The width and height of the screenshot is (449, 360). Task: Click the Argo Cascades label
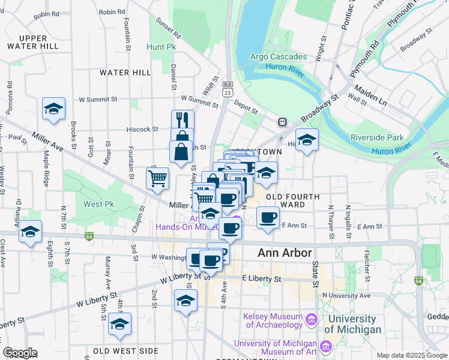(x=279, y=57)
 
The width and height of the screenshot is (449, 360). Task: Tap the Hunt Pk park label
(x=161, y=46)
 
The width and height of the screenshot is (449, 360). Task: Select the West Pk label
(x=96, y=205)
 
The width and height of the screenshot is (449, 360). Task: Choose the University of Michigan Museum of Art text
(x=275, y=347)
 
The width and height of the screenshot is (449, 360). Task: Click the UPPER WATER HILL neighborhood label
(x=34, y=42)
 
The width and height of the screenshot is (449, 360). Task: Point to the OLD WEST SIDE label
(x=126, y=350)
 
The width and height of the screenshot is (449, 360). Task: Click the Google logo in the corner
(x=20, y=353)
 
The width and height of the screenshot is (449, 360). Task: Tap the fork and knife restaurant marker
(x=182, y=120)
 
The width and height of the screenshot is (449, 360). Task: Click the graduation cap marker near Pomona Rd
(x=53, y=109)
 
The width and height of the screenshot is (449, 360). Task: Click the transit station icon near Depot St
(x=281, y=122)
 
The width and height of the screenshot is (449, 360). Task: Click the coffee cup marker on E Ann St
(x=268, y=217)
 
